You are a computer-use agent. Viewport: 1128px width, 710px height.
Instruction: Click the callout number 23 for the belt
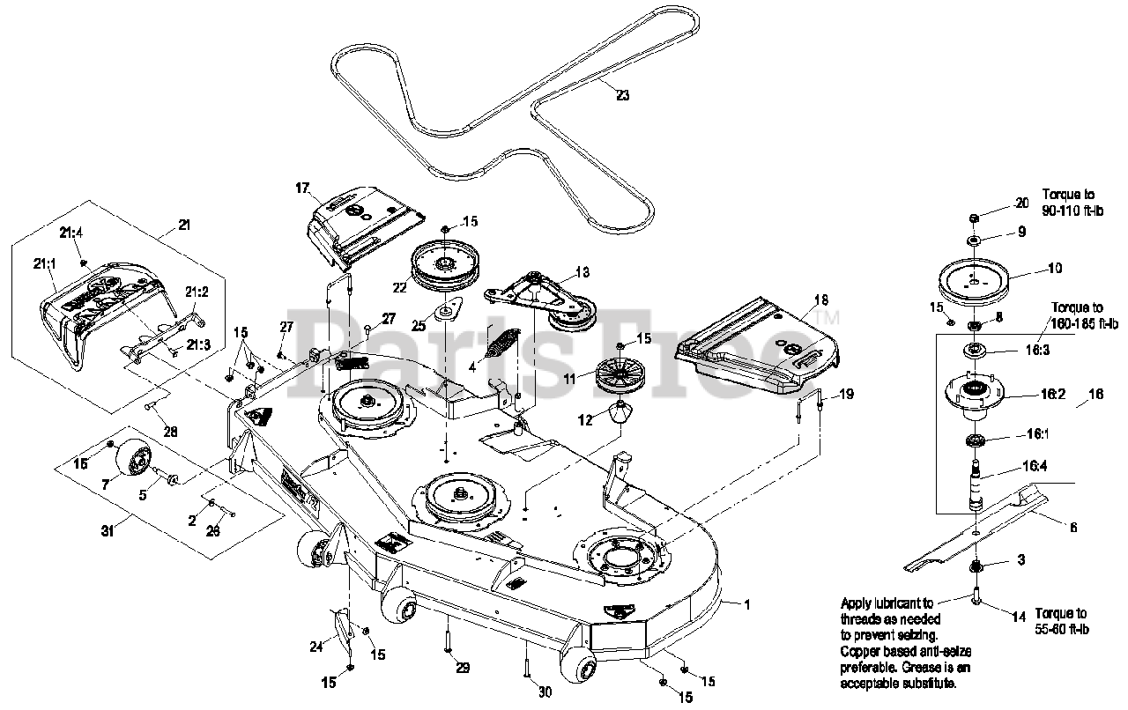coord(623,96)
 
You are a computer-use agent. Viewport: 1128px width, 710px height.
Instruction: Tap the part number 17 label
coord(302,188)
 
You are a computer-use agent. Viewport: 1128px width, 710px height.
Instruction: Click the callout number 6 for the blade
coord(1072,528)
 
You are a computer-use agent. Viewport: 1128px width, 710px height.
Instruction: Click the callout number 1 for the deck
coord(747,604)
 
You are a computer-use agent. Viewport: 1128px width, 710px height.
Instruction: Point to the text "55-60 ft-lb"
coord(1063,629)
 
